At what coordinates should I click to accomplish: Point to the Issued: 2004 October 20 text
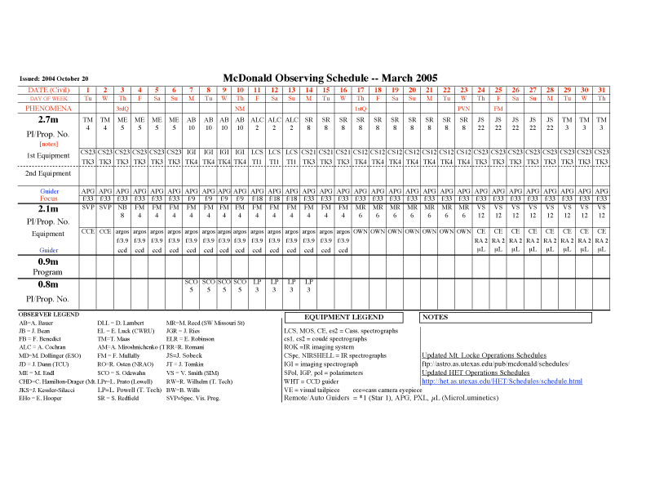pos(54,78)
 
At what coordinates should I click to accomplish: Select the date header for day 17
pos(361,89)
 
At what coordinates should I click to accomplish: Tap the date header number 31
pos(601,89)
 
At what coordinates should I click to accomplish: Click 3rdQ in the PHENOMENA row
pos(122,108)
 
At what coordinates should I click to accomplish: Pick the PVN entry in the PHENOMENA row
pos(463,108)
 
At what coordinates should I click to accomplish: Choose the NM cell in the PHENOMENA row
pos(240,108)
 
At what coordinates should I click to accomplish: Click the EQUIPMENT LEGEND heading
pos(343,316)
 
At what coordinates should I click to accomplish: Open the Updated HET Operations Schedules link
pos(476,373)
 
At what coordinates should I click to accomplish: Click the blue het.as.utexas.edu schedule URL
pos(502,381)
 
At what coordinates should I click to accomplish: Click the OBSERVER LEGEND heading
pos(49,314)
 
